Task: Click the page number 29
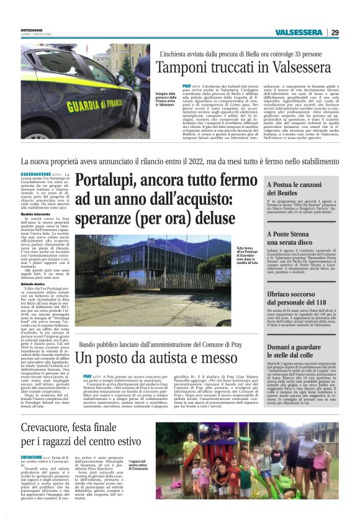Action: (335, 32)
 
